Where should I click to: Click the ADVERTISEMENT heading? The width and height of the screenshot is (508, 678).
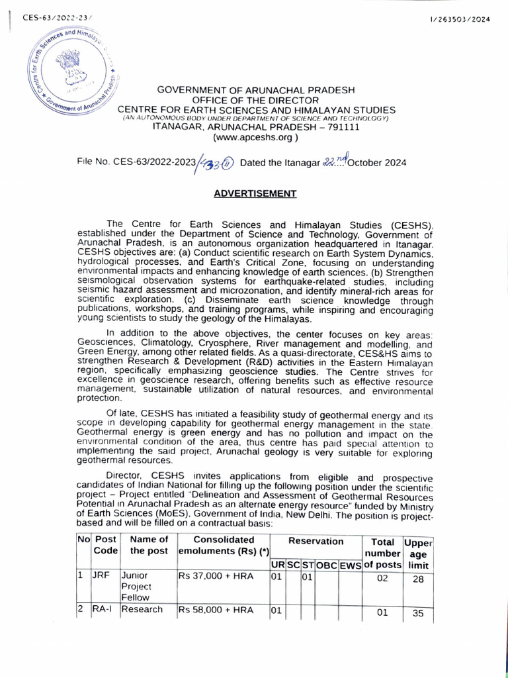coord(255,193)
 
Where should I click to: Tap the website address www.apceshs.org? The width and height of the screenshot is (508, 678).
coord(255,138)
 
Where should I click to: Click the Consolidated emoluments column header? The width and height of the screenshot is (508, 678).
coord(223,546)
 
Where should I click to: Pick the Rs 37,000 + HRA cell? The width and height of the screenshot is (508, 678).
coord(216,576)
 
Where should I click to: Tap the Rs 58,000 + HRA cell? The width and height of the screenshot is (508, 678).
coord(216,609)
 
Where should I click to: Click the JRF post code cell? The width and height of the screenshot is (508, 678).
coord(101,576)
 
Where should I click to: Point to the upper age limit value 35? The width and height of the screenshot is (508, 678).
coord(417,613)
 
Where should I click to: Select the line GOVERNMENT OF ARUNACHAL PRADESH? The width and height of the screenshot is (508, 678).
coord(255,90)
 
